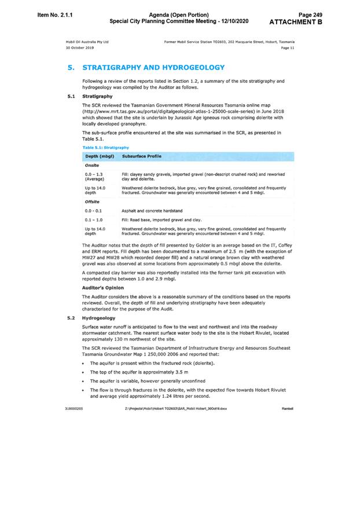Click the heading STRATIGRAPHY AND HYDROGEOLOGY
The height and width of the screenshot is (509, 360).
pyautogui.click(x=153, y=68)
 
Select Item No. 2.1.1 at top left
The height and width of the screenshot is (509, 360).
pyautogui.click(x=46, y=12)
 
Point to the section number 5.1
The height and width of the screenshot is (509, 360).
pyautogui.click(x=71, y=96)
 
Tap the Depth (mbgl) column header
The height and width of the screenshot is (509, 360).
pyautogui.click(x=100, y=156)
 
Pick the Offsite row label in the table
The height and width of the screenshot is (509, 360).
pyautogui.click(x=93, y=202)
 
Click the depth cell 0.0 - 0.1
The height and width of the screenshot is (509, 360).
pyautogui.click(x=93, y=211)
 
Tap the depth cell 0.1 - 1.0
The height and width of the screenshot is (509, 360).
pyautogui.click(x=93, y=220)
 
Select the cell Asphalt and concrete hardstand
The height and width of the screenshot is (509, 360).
pyautogui.click(x=151, y=211)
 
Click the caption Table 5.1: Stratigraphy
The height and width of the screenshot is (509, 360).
pyautogui.click(x=105, y=148)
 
